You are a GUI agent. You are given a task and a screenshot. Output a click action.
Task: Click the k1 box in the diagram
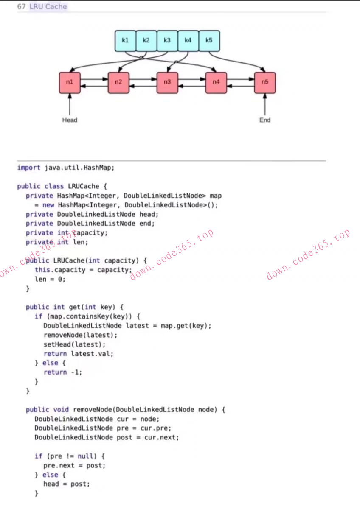(x=125, y=41)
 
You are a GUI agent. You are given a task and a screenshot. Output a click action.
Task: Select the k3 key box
(x=167, y=41)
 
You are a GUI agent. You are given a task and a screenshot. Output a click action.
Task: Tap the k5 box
(x=209, y=41)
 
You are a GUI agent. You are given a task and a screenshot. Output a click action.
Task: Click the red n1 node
(x=70, y=83)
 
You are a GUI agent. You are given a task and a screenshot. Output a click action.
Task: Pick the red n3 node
(x=167, y=83)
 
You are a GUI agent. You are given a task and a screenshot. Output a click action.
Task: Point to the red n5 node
(x=265, y=83)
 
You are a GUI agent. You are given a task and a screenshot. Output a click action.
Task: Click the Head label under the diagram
(x=70, y=120)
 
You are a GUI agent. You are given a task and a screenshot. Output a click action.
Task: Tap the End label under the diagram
(x=265, y=120)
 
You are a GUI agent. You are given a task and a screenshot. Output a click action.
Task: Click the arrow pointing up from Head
(x=70, y=104)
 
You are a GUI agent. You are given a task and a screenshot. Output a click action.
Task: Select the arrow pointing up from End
(x=265, y=104)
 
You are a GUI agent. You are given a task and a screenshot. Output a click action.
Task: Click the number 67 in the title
(x=22, y=7)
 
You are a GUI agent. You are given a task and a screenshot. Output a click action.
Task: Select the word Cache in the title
(x=57, y=7)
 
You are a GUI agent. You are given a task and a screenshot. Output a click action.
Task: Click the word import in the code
(x=29, y=168)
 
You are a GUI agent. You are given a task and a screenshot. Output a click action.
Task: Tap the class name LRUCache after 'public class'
(x=83, y=186)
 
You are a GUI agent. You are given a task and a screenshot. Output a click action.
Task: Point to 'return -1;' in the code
(x=63, y=372)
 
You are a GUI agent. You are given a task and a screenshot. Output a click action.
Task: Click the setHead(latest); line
(x=75, y=344)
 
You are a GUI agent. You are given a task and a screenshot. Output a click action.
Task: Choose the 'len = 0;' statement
(x=50, y=279)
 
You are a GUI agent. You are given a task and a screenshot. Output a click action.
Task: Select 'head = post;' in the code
(x=67, y=484)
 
